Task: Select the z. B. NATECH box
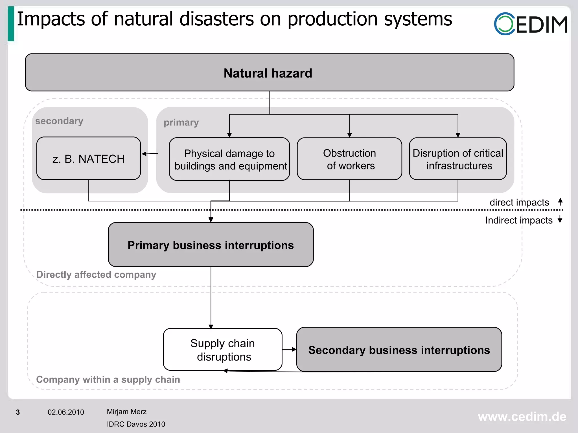click(x=89, y=159)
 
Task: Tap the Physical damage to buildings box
click(x=229, y=159)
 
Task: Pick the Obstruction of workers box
click(x=349, y=159)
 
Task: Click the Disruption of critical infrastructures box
click(x=458, y=159)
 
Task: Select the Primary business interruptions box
click(x=211, y=245)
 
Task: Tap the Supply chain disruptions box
click(x=222, y=350)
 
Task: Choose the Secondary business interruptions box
click(x=399, y=350)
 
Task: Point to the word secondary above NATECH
click(x=59, y=121)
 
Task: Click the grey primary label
click(x=181, y=123)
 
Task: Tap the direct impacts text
click(x=519, y=202)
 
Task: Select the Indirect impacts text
click(x=518, y=220)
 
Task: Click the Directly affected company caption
click(x=96, y=275)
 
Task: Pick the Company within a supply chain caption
click(x=108, y=379)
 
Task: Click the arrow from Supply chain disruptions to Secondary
click(x=290, y=349)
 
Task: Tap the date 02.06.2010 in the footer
click(x=66, y=412)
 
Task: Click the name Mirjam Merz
click(x=126, y=412)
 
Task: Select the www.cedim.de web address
click(x=522, y=417)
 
